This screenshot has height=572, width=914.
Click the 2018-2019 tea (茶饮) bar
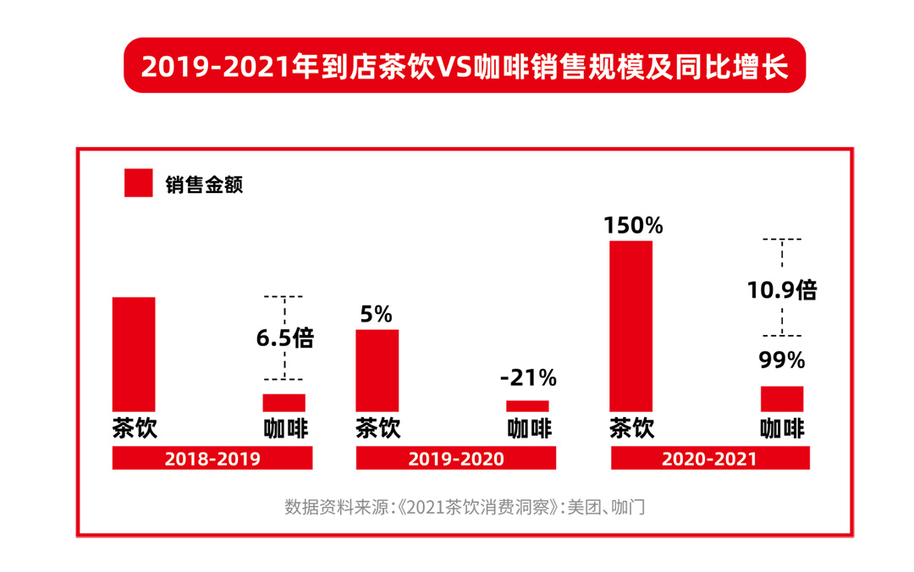tap(134, 354)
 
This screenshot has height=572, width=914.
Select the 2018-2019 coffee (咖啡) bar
tap(284, 403)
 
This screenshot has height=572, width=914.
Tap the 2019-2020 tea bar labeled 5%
tap(377, 370)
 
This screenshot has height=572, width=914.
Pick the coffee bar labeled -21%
tap(527, 406)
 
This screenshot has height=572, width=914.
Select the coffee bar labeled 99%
tap(782, 399)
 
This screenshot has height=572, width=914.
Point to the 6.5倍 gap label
tap(285, 338)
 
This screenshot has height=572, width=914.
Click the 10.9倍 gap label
tap(782, 290)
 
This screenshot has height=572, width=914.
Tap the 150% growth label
tap(633, 226)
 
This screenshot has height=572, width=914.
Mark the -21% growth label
tap(527, 377)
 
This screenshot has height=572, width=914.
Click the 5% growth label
tap(377, 315)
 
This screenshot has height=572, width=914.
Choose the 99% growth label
tap(782, 360)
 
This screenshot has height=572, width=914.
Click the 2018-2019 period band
tap(212, 459)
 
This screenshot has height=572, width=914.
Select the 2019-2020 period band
tap(456, 459)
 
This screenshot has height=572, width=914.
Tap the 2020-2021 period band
tap(710, 459)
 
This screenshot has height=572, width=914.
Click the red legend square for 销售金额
tap(139, 183)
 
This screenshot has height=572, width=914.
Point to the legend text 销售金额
tap(204, 184)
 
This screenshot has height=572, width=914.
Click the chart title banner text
tap(465, 66)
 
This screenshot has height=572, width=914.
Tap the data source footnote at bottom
tap(465, 508)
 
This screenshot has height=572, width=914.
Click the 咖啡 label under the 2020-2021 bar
tap(782, 427)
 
